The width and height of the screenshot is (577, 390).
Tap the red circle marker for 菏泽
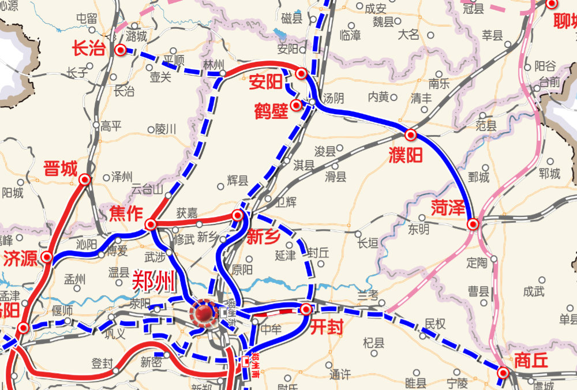(x=473, y=224)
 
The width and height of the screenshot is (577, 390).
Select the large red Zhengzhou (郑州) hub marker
(x=203, y=313)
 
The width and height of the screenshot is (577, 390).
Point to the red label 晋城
(x=60, y=169)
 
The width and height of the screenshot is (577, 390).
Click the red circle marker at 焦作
(x=151, y=224)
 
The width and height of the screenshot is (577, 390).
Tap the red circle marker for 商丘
(x=503, y=373)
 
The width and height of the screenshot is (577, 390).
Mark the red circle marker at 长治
(x=120, y=50)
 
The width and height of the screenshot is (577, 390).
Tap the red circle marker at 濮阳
(x=411, y=135)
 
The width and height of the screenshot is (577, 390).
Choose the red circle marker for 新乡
(x=237, y=216)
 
